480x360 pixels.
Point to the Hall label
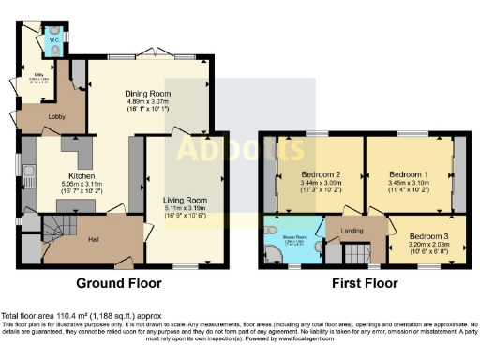(x=95, y=240)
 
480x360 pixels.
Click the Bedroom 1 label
(x=408, y=175)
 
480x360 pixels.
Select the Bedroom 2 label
(x=320, y=175)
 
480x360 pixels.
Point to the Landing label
(x=352, y=230)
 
